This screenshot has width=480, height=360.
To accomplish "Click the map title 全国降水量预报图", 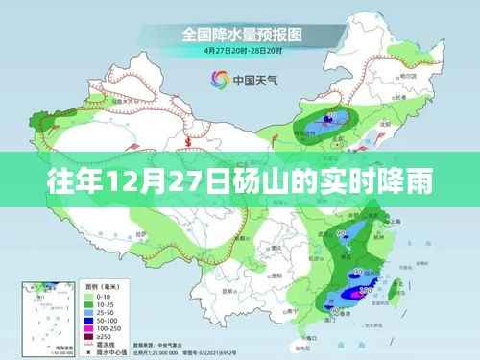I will point(239,34).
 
